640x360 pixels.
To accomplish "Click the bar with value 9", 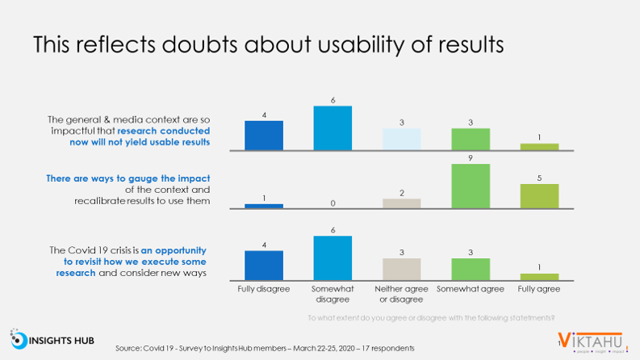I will [471, 186].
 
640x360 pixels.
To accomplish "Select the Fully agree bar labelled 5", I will [540, 196].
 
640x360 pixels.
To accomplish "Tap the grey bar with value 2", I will [401, 203].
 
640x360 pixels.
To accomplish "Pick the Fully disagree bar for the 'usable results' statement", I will [263, 135].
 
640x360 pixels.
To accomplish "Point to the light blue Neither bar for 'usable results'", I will [401, 139].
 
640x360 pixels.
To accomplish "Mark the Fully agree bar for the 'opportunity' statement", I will [540, 275].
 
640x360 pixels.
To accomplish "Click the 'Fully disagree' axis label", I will [263, 289].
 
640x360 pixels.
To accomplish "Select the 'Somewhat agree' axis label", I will [471, 289].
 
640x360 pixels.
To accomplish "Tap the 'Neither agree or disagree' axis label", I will [401, 294].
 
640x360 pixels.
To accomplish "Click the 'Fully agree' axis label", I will [540, 289].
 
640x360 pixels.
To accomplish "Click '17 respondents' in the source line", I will [389, 348].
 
